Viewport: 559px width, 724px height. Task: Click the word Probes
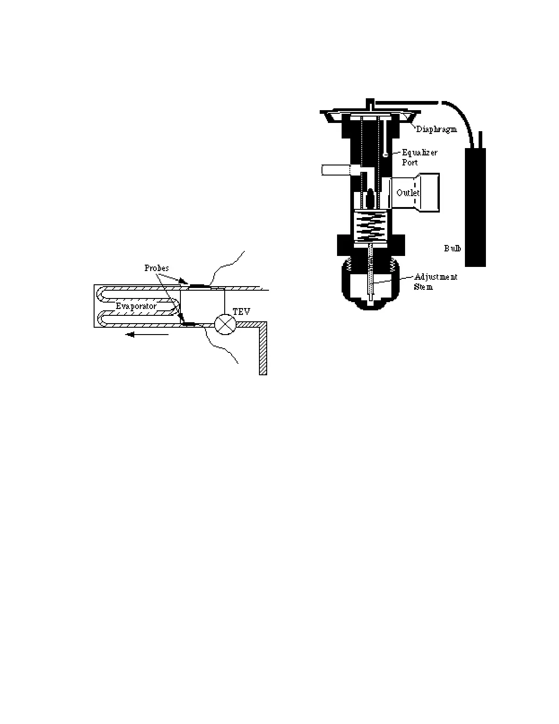pyautogui.click(x=157, y=268)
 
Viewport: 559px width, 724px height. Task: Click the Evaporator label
pyautogui.click(x=136, y=306)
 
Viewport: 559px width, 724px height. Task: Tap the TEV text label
pyautogui.click(x=242, y=312)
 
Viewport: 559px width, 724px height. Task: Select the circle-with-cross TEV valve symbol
pyautogui.click(x=225, y=324)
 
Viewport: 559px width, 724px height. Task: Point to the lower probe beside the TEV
pyautogui.click(x=191, y=324)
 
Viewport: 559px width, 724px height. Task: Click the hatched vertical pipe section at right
pyautogui.click(x=263, y=350)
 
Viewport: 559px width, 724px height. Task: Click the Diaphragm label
pyautogui.click(x=436, y=129)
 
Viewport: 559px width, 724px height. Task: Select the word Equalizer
pyautogui.click(x=420, y=153)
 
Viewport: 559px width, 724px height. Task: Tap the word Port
pyautogui.click(x=410, y=162)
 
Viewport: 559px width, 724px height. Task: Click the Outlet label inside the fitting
pyautogui.click(x=408, y=193)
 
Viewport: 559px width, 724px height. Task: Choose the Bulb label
pyautogui.click(x=453, y=248)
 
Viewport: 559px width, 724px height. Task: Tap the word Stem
pyautogui.click(x=423, y=287)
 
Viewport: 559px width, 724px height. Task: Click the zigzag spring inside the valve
pyautogui.click(x=370, y=227)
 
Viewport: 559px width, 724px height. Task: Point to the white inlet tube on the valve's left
pyautogui.click(x=335, y=170)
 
